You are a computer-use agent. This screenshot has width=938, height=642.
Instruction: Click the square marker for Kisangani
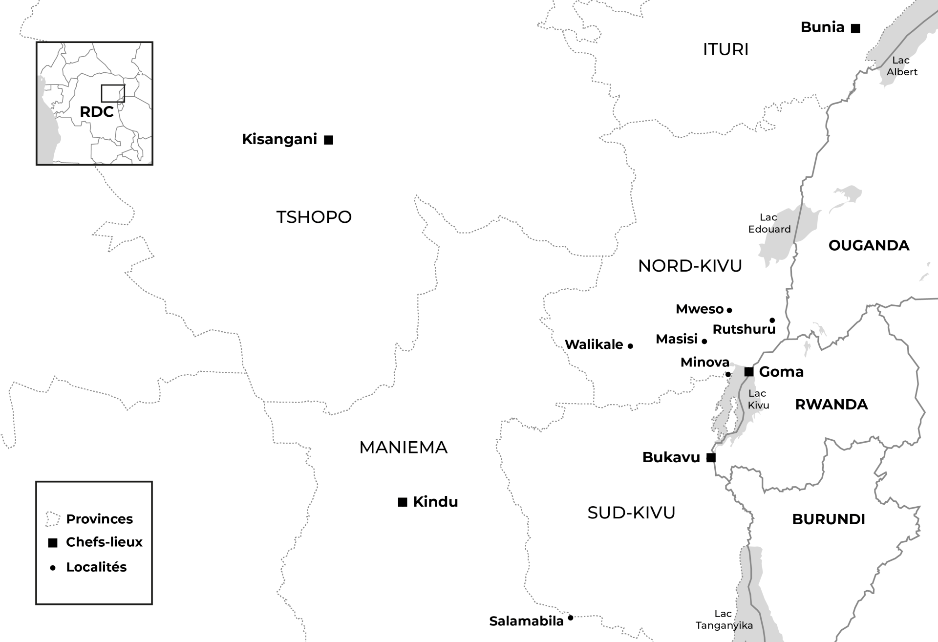pos(329,140)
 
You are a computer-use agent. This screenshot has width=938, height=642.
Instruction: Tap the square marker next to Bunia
pos(855,28)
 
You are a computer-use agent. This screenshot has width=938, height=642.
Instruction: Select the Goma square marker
pos(748,372)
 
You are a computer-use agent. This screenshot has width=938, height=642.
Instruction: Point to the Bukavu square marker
pos(711,457)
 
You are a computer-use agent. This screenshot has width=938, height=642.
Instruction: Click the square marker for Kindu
pos(403,502)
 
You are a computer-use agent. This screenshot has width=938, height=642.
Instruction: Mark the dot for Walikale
pos(630,346)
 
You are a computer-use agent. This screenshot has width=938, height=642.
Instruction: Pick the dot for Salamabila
pos(570,618)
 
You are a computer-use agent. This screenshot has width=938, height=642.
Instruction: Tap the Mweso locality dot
pos(729,310)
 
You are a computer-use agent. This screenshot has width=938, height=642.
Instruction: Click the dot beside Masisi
pos(704,341)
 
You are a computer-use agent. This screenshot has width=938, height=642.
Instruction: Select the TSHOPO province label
pos(314,217)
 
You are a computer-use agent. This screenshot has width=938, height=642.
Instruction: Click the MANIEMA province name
pos(403,448)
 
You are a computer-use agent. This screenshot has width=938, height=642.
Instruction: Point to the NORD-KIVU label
pos(690,266)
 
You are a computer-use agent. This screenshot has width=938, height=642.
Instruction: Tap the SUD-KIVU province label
pos(631,513)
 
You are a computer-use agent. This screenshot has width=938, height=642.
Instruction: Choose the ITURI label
pos(725,49)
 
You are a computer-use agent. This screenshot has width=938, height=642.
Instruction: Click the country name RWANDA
pos(831,405)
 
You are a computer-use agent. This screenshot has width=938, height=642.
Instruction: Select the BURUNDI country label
pos(829,519)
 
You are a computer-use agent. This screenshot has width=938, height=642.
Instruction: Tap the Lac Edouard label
pos(769,223)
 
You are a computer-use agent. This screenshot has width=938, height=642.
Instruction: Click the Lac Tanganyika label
pos(724,620)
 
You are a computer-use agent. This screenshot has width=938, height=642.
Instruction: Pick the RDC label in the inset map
pos(97,112)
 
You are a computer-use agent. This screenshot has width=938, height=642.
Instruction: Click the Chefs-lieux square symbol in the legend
pos(53,543)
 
